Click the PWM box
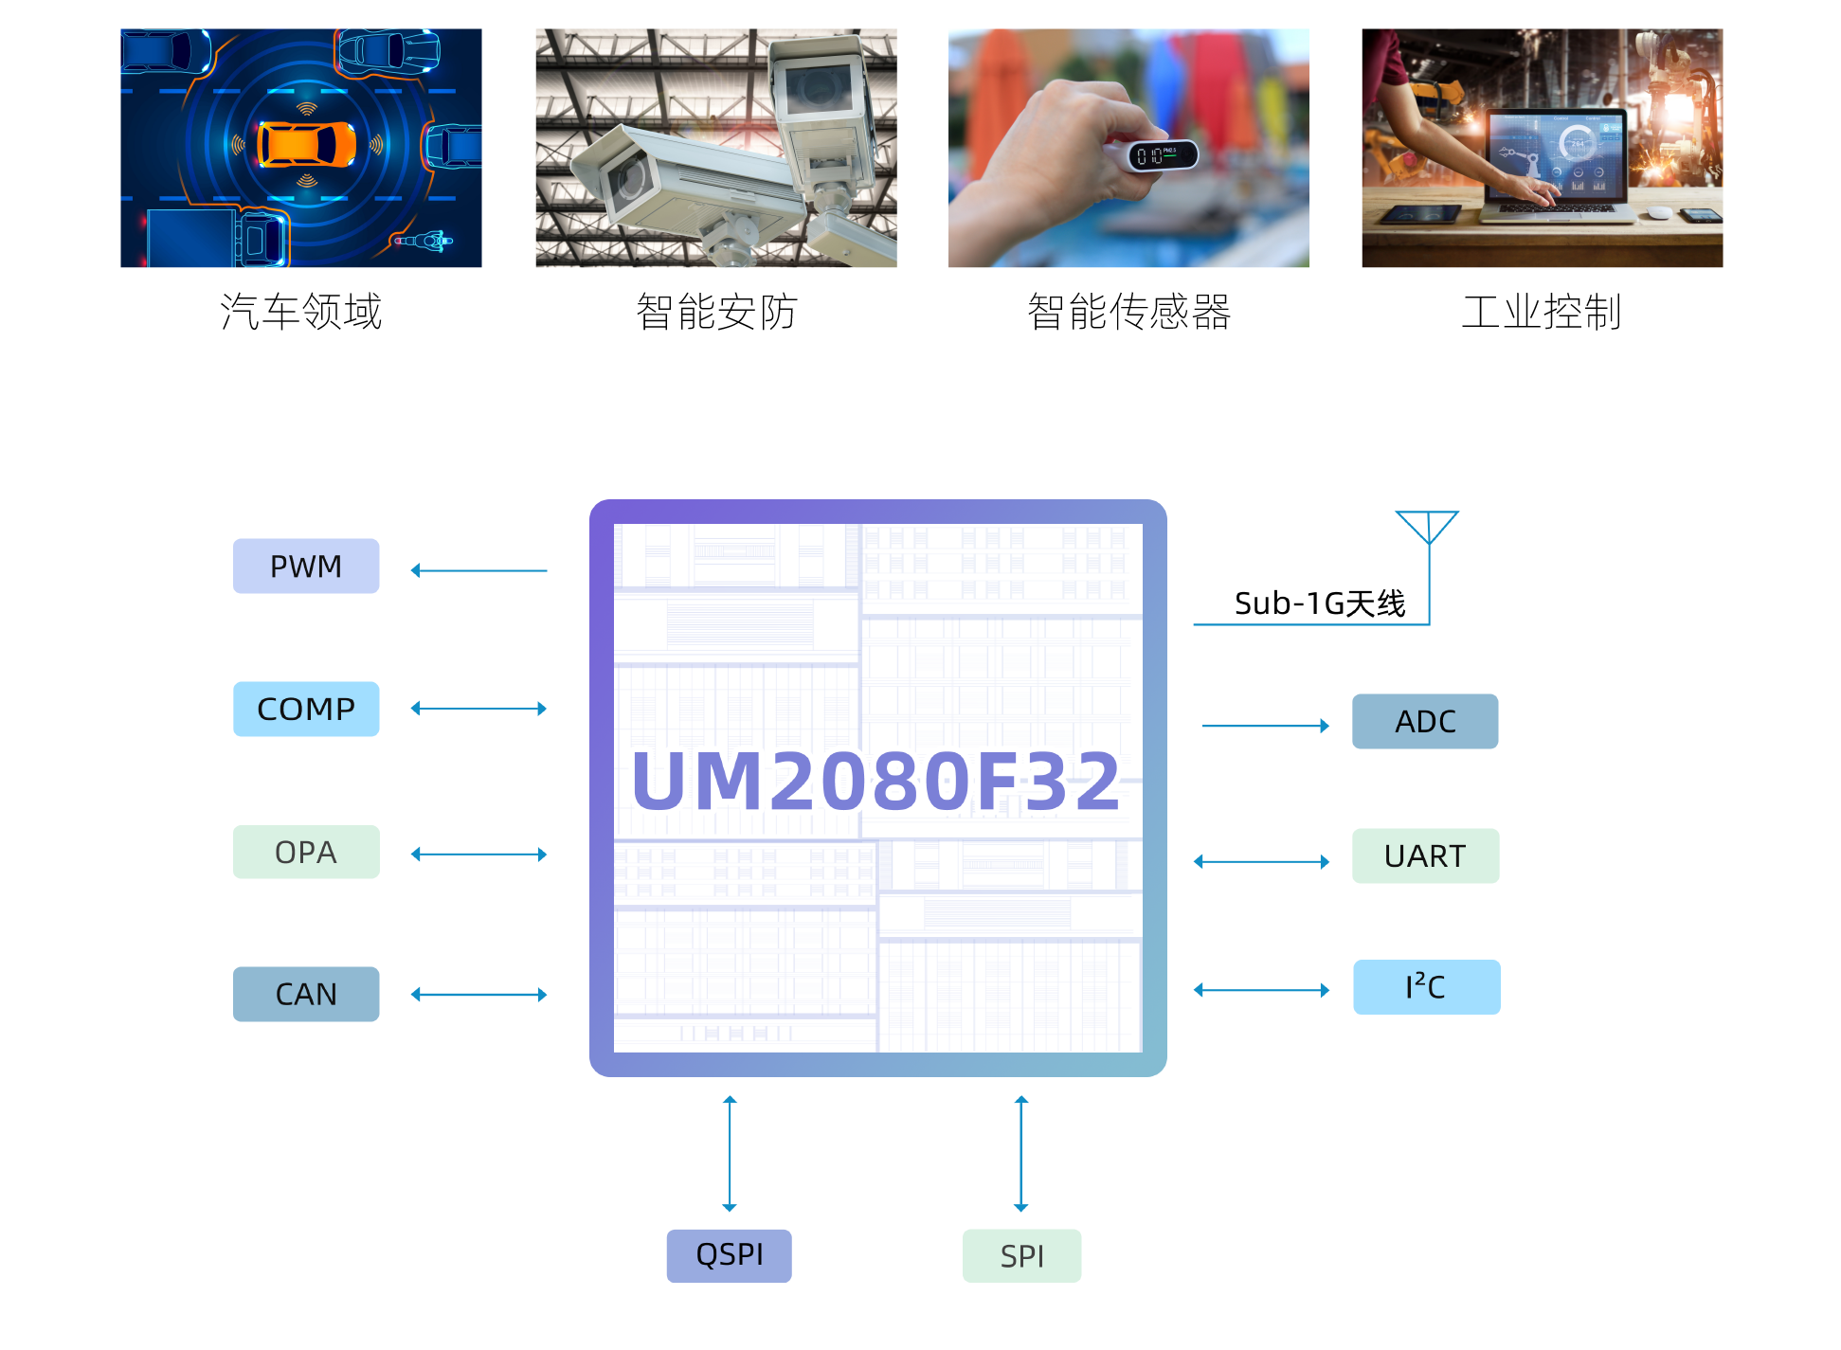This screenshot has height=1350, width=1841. point(306,566)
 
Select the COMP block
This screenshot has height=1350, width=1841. point(306,709)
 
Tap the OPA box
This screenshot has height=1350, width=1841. point(306,852)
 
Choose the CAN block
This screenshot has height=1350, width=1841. point(306,994)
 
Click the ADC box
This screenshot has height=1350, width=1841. point(1425,721)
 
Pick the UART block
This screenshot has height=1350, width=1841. point(1425,855)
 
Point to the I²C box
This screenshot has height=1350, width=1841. point(1426,987)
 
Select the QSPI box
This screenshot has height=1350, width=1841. point(729,1255)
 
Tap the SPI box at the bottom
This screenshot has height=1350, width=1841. point(1021,1255)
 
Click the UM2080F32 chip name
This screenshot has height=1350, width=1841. point(876,783)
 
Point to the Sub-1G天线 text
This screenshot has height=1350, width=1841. point(1319,603)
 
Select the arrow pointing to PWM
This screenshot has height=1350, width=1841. point(478,570)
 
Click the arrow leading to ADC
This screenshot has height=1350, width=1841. point(1265,726)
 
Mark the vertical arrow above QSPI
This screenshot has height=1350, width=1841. point(730,1153)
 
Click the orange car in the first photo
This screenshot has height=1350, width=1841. point(307,145)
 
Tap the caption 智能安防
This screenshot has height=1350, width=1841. point(716,312)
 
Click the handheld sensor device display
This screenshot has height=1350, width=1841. point(1162,155)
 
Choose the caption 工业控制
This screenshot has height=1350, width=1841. point(1542,312)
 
